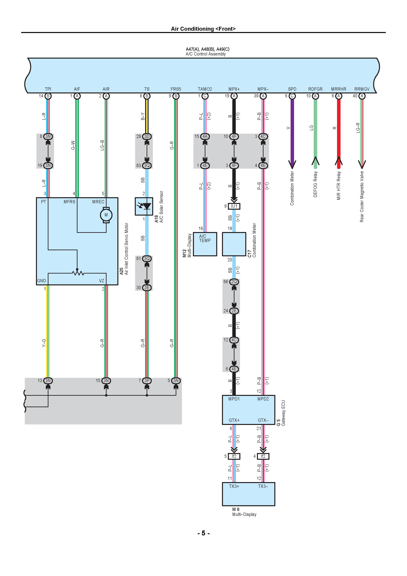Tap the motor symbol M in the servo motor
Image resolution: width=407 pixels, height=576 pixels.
(106, 215)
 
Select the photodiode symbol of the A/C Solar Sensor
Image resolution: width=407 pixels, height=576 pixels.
(144, 206)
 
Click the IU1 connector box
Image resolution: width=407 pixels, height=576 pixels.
(234, 206)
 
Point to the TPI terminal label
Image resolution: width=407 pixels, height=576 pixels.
(48, 89)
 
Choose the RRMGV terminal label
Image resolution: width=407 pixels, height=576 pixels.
(362, 89)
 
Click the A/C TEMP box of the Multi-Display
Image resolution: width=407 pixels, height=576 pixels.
(205, 244)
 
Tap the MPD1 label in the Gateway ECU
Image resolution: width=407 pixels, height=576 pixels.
(234, 399)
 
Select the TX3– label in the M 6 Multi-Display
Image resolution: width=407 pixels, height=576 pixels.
(263, 486)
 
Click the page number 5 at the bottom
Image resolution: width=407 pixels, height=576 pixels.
(203, 533)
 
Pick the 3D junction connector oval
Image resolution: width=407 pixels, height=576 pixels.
(147, 136)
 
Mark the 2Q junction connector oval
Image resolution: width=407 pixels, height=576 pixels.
(234, 282)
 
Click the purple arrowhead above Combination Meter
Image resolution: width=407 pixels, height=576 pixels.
(292, 164)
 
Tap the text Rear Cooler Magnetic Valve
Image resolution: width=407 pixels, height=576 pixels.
(362, 196)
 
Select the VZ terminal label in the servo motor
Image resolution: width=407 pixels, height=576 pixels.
(102, 281)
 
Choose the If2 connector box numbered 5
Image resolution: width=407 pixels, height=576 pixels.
(234, 456)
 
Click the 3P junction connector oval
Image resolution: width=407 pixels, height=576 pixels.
(147, 381)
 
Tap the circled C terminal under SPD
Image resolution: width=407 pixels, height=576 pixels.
(292, 96)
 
